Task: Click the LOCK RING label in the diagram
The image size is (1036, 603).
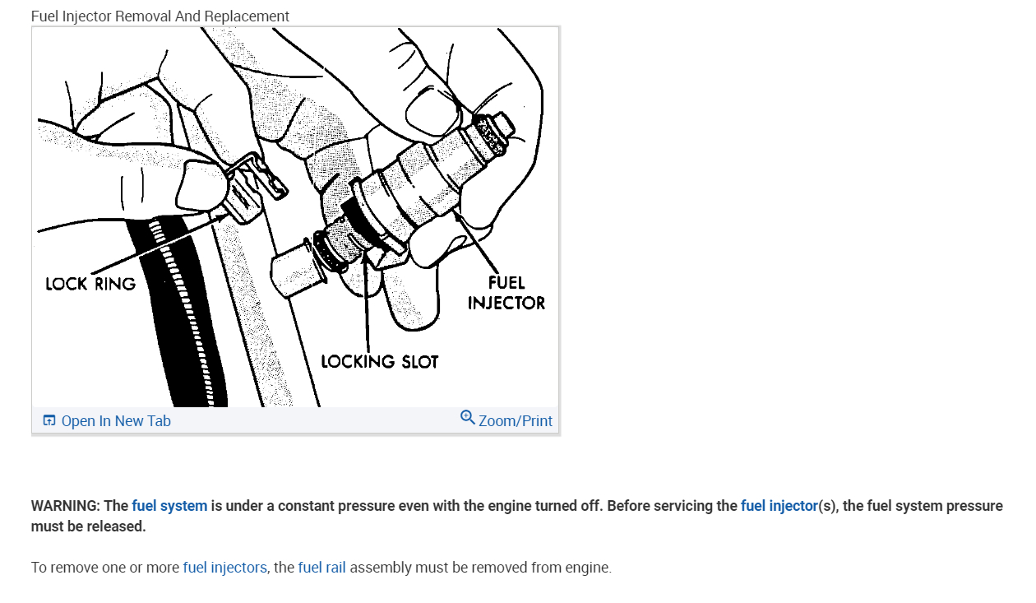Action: [x=90, y=284]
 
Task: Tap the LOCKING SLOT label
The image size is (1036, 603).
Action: [x=379, y=362]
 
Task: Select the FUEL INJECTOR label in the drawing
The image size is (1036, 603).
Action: [x=506, y=293]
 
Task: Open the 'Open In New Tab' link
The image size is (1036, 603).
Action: [x=116, y=421]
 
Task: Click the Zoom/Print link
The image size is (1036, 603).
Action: [x=515, y=421]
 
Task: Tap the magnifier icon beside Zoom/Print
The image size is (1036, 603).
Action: [x=467, y=418]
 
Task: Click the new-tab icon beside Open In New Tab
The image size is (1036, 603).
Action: [x=49, y=421]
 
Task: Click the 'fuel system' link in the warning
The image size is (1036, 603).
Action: [x=169, y=506]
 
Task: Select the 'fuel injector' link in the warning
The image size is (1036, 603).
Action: [x=779, y=506]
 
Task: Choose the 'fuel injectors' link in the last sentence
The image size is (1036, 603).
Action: [x=224, y=568]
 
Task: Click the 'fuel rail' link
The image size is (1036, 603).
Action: [x=321, y=568]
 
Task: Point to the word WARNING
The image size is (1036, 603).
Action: [x=65, y=506]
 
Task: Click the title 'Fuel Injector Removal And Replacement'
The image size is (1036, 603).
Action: [x=160, y=16]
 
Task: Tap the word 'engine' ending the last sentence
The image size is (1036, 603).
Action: [x=587, y=568]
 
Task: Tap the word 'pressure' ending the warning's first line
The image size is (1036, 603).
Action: [x=975, y=506]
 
